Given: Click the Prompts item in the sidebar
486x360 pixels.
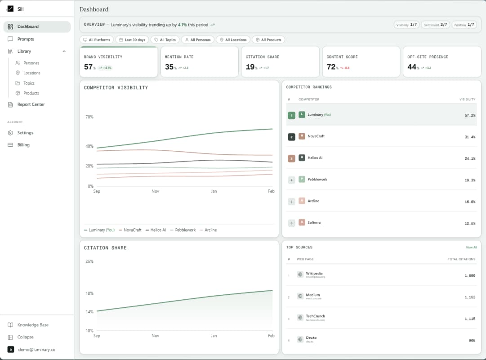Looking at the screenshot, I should click(26, 39).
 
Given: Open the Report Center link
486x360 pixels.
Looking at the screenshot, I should click(31, 104).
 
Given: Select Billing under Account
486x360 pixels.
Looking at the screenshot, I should click(23, 145).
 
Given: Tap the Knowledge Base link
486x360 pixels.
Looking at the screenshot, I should click(32, 325).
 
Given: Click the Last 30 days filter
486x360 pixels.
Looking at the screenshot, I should click(132, 40).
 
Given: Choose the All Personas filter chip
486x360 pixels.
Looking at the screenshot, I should click(197, 40).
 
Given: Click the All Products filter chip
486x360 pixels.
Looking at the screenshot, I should click(268, 40).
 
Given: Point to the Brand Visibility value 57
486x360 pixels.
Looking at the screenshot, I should click(89, 67).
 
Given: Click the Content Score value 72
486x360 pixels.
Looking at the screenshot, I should click(331, 67).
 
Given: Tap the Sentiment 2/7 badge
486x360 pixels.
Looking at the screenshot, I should click(436, 25).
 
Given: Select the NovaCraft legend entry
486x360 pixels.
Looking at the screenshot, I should click(130, 230).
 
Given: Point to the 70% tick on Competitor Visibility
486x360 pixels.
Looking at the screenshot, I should click(89, 117).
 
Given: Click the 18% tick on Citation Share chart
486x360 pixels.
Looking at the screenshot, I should click(89, 293).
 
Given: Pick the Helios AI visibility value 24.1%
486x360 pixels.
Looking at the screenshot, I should click(469, 158).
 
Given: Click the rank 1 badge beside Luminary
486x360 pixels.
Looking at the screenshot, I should click(291, 115).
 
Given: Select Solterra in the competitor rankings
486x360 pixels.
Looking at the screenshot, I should click(314, 222).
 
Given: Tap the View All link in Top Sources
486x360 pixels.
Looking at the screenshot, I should click(471, 247).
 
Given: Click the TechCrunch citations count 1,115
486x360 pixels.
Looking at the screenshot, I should click(469, 319).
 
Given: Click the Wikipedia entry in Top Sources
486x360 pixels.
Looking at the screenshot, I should click(314, 274).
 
